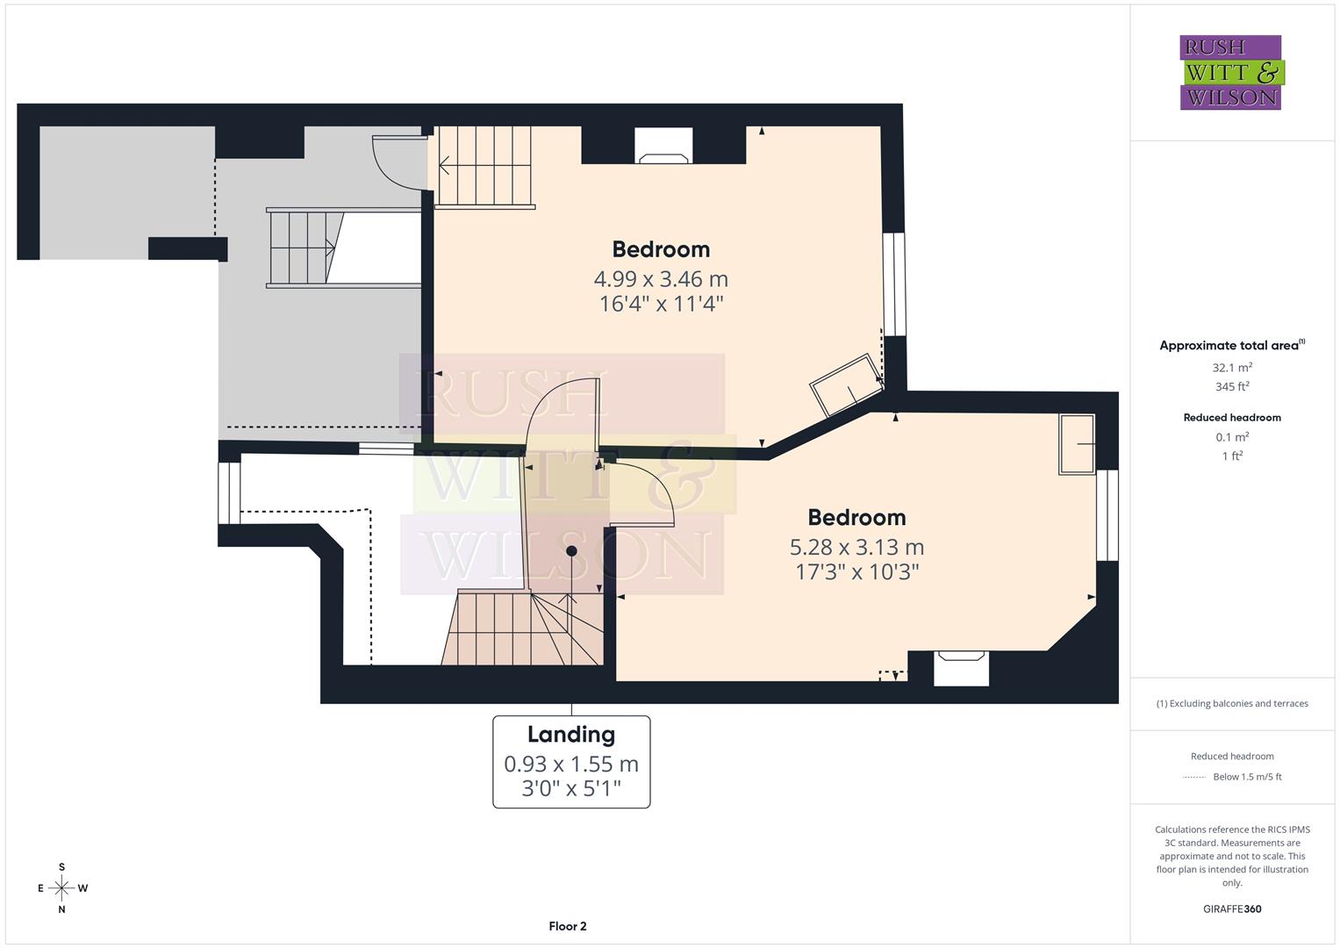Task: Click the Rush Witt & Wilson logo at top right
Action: point(1230,72)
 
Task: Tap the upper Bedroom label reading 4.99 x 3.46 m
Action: point(661,249)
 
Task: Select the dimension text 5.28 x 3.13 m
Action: point(856,547)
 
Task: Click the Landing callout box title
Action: point(571,734)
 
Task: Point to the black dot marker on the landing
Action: point(571,551)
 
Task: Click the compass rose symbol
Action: point(61,888)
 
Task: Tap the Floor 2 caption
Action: point(568,926)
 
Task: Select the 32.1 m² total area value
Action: point(1232,368)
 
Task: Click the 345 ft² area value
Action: point(1232,387)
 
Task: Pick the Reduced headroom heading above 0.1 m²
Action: point(1232,418)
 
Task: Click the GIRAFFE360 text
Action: point(1232,908)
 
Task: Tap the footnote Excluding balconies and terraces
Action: point(1232,703)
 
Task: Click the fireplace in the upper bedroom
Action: point(663,147)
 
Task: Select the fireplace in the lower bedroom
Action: point(961,667)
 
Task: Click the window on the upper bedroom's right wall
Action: point(894,284)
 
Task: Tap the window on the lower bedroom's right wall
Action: point(1107,514)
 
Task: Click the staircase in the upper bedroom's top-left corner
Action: point(485,167)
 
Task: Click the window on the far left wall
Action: point(229,492)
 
